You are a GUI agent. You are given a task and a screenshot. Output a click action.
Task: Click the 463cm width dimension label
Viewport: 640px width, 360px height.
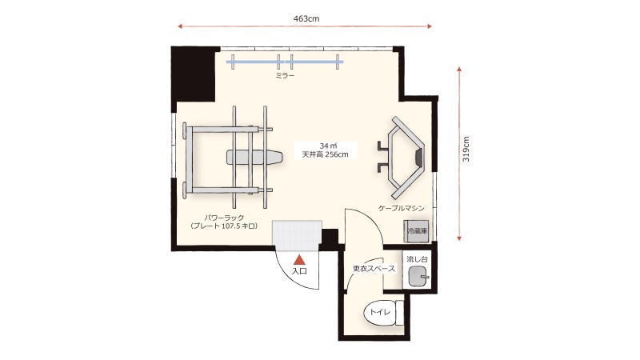pyautogui.click(x=306, y=18)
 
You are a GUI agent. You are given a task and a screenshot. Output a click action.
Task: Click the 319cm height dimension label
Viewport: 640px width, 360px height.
pyautogui.click(x=466, y=149)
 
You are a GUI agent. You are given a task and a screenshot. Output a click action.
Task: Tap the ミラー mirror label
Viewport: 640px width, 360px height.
pyautogui.click(x=285, y=75)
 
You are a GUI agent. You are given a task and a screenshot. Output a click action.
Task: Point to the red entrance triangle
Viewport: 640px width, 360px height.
pyautogui.click(x=300, y=258)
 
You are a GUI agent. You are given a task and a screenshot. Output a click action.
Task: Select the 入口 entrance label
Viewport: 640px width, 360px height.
pyautogui.click(x=299, y=270)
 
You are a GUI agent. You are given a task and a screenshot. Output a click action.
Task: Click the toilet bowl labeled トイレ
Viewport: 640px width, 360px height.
pyautogui.click(x=380, y=313)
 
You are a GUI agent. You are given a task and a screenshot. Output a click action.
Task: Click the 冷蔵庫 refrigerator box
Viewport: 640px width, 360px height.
pyautogui.click(x=416, y=230)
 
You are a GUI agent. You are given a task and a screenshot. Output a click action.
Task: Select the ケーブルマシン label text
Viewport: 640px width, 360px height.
pyautogui.click(x=402, y=208)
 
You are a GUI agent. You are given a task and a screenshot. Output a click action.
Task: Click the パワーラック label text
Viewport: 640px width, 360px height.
pyautogui.click(x=224, y=218)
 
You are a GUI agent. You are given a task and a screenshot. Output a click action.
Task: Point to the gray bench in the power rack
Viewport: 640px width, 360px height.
pyautogui.click(x=254, y=157)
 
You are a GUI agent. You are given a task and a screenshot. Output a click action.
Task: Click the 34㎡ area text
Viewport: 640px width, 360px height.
pyautogui.click(x=328, y=146)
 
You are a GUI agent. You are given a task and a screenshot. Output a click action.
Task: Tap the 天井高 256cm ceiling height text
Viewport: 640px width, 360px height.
pyautogui.click(x=326, y=154)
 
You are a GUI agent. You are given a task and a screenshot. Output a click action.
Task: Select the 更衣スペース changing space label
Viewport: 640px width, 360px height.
pyautogui.click(x=374, y=269)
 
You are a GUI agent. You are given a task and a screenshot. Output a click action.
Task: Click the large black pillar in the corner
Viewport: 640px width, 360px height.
pyautogui.click(x=193, y=74)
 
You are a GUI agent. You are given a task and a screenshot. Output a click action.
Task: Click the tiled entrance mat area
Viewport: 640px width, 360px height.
pyautogui.click(x=297, y=235)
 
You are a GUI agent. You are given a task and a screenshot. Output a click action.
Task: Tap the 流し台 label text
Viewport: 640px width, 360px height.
pyautogui.click(x=417, y=259)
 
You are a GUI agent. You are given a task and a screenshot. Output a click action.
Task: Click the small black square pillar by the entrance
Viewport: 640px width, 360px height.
pyautogui.click(x=330, y=237)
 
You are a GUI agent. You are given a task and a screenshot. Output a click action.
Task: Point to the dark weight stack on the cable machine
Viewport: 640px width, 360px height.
pyautogui.click(x=418, y=157)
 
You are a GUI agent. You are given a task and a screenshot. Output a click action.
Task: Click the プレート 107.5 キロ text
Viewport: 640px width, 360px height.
pyautogui.click(x=224, y=226)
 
